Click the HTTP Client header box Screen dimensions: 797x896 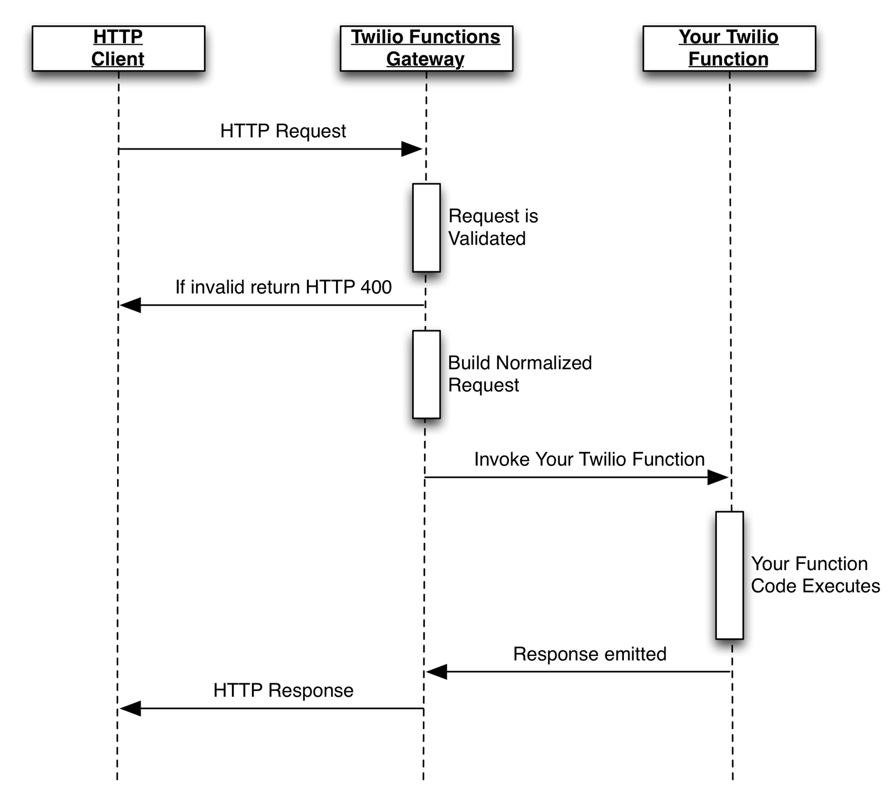pyautogui.click(x=118, y=48)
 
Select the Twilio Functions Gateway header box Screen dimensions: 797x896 pyautogui.click(x=426, y=48)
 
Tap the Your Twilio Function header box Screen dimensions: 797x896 pyautogui.click(x=729, y=48)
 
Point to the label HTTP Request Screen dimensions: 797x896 pyautogui.click(x=283, y=131)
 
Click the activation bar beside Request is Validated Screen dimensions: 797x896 pyautogui.click(x=426, y=227)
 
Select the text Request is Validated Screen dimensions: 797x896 pyautogui.click(x=492, y=227)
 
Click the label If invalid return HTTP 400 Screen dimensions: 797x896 pyautogui.click(x=283, y=287)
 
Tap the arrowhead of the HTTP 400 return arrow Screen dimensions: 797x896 pyautogui.click(x=130, y=305)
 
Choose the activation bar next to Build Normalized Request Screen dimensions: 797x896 pyautogui.click(x=426, y=374)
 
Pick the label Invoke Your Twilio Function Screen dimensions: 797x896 pyautogui.click(x=589, y=459)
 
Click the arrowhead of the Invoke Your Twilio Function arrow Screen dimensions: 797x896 pyautogui.click(x=718, y=478)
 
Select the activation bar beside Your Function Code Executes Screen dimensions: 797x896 pyautogui.click(x=729, y=575)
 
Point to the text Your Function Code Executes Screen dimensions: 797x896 pyautogui.click(x=815, y=575)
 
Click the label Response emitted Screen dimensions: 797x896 pyautogui.click(x=589, y=654)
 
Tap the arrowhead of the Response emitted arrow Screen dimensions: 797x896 pyautogui.click(x=437, y=672)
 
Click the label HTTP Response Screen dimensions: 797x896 pyautogui.click(x=283, y=691)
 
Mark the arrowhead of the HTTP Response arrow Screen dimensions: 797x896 pyautogui.click(x=130, y=709)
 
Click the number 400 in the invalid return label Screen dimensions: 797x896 pyautogui.click(x=376, y=287)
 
